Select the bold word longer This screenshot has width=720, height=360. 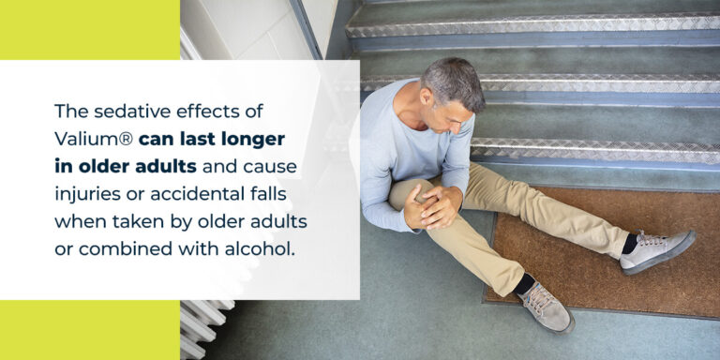[x=251, y=139]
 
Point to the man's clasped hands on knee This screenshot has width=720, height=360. [x=432, y=203]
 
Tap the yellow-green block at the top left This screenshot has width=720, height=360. [x=89, y=29]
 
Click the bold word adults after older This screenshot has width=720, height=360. [x=169, y=167]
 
